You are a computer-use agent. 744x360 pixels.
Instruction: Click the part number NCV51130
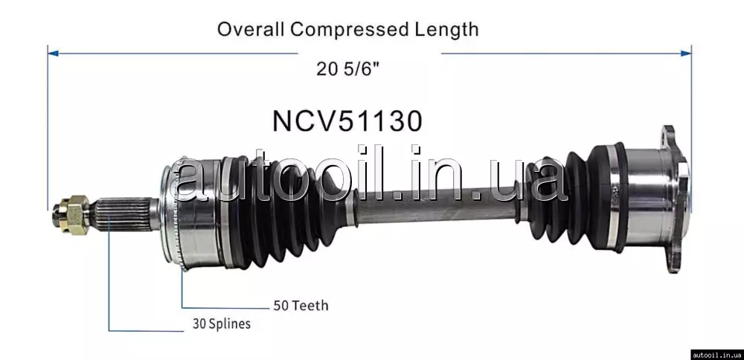coord(347,121)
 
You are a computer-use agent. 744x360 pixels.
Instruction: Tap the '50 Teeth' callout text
coord(301,306)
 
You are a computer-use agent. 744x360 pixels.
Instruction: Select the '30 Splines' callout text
coord(222,324)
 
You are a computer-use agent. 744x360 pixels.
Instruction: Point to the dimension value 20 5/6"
coord(348,70)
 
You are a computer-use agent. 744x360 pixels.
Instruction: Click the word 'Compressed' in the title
coord(350,30)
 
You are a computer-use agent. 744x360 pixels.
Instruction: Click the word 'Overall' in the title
coord(251,30)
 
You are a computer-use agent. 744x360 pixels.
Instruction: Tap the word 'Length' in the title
coord(446,30)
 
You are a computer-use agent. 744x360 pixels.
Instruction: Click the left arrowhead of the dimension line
coord(53,54)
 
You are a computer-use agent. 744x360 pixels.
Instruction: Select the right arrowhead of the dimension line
coord(686,54)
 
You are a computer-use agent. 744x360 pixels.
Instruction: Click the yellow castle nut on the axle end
coord(74,213)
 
